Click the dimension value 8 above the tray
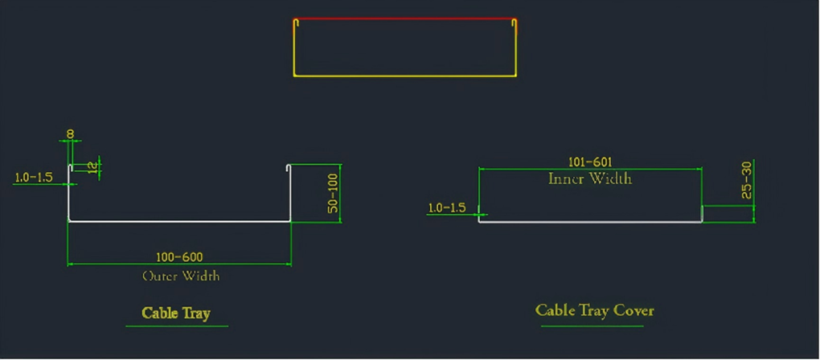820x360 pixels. pos(71,134)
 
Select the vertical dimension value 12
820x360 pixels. pos(92,166)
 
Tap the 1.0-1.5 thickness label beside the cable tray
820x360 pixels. pos(33,177)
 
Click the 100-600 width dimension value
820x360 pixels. pos(179,257)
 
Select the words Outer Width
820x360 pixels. pos(180,276)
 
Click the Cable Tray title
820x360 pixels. pos(175,313)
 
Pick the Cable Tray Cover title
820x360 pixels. pos(594,310)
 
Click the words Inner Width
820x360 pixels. pos(590,178)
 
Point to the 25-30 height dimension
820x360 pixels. pos(746,180)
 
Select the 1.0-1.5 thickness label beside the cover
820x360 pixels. pos(446,207)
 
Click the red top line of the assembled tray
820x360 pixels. pos(404,19)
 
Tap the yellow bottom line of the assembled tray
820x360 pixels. pos(404,76)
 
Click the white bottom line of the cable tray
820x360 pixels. pos(179,221)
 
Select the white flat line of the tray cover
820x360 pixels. pos(590,222)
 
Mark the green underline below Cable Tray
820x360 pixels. pos(177,326)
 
